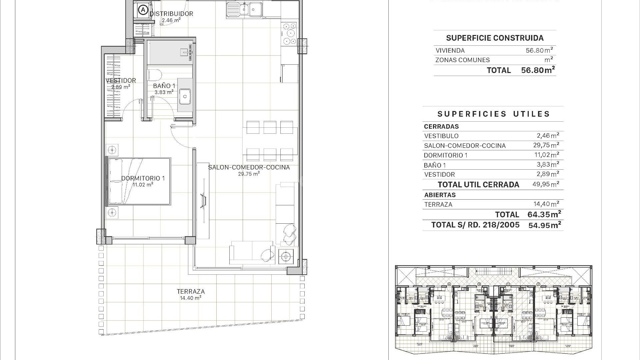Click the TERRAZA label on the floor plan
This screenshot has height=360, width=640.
point(191,292)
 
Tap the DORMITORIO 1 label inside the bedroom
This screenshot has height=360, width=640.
point(143,178)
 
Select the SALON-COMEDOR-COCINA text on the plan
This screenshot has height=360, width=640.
point(249,167)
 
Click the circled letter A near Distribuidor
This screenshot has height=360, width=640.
point(143,10)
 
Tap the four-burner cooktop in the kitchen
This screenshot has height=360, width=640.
point(289,34)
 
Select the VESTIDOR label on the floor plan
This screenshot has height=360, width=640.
point(121,80)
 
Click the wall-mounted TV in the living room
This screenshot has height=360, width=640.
point(202,201)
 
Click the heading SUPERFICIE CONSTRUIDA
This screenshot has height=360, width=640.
point(495,38)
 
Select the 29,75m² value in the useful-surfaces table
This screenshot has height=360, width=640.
point(546,145)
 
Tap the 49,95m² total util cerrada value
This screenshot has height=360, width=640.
point(546,184)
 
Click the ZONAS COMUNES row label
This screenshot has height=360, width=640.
point(462,60)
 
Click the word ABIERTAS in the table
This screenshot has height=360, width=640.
point(440,195)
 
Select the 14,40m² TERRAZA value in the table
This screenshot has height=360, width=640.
point(546,204)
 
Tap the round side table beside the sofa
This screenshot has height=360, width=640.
point(285,257)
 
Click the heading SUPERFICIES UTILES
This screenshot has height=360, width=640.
point(493,114)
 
